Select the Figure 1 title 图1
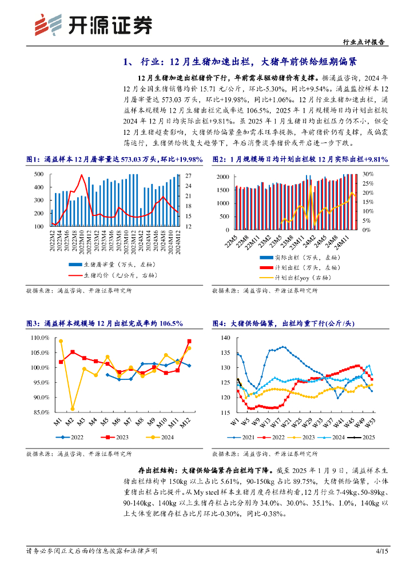[x=34, y=159]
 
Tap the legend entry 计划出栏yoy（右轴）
[x=302, y=278]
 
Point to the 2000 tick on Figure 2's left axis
[x=225, y=177]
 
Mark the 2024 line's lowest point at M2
[x=72, y=408]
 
